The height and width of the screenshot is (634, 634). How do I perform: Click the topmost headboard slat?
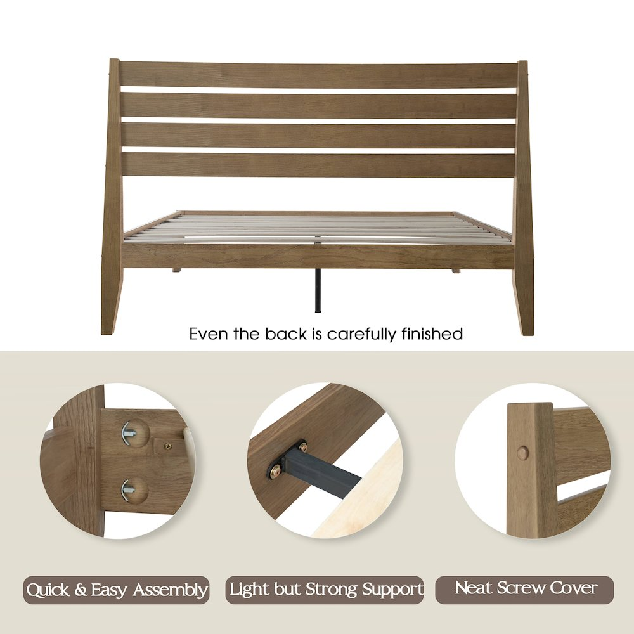(319, 75)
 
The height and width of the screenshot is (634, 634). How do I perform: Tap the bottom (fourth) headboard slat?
(319, 165)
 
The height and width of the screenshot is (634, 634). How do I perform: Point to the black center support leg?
(318, 290)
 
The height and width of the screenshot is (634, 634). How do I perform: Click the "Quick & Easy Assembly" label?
(117, 590)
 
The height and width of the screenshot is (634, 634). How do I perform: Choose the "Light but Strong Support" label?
(325, 590)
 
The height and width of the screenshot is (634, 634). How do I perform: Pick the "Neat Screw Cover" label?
(524, 590)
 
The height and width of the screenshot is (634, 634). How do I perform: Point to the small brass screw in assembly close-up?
(167, 446)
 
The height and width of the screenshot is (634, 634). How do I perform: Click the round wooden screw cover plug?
(523, 453)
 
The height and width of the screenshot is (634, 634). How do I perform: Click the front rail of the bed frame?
(318, 256)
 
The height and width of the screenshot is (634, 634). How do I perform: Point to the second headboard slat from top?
(319, 105)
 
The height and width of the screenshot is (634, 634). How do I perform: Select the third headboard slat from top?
(319, 135)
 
